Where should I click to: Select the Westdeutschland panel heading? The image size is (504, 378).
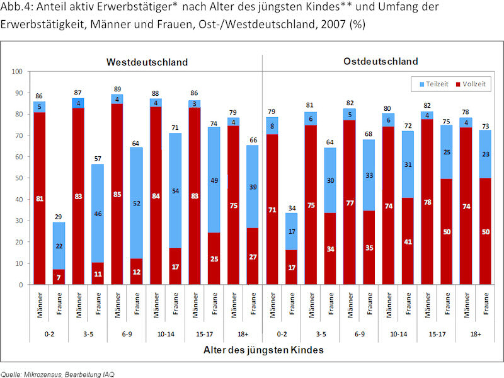[x=147, y=62]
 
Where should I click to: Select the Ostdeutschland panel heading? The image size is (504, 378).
[x=381, y=62]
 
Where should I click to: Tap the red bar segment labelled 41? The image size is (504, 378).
[x=408, y=241]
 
